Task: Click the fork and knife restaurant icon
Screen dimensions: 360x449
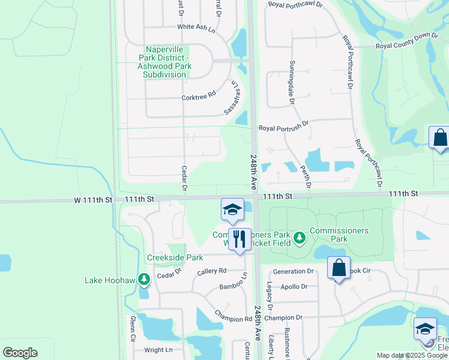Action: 240,239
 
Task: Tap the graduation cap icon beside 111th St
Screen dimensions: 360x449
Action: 232,210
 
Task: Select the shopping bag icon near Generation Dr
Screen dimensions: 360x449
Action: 339,268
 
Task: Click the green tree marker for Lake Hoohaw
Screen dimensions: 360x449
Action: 143,279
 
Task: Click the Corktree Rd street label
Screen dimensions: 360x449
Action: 198,97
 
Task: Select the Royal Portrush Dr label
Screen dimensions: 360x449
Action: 283,127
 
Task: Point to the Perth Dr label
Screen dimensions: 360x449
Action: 307,177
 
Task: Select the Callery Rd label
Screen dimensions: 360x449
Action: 212,271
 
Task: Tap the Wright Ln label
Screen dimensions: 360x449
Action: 158,349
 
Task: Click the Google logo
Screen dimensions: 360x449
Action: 20,353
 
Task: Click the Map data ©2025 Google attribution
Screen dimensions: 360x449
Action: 412,355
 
